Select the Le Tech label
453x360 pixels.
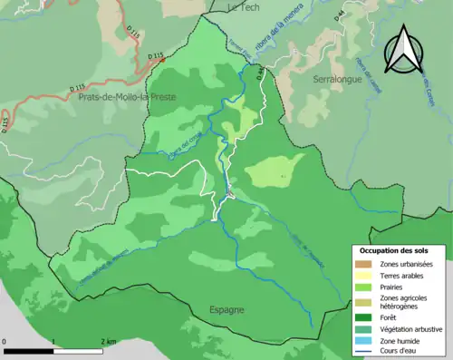tap(243, 6)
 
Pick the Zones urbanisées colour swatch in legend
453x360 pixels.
tap(365, 263)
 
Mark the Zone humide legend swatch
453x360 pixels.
tap(365, 341)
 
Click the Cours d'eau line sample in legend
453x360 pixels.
tap(365, 352)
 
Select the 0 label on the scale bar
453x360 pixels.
tap(5, 342)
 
